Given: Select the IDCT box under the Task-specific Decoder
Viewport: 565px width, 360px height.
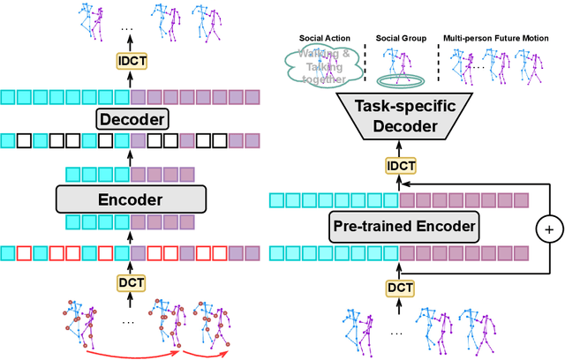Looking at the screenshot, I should [x=396, y=164].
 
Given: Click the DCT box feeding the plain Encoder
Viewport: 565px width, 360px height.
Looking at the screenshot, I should [x=131, y=281].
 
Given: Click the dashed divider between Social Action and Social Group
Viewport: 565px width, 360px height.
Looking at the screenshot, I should [x=365, y=62].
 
